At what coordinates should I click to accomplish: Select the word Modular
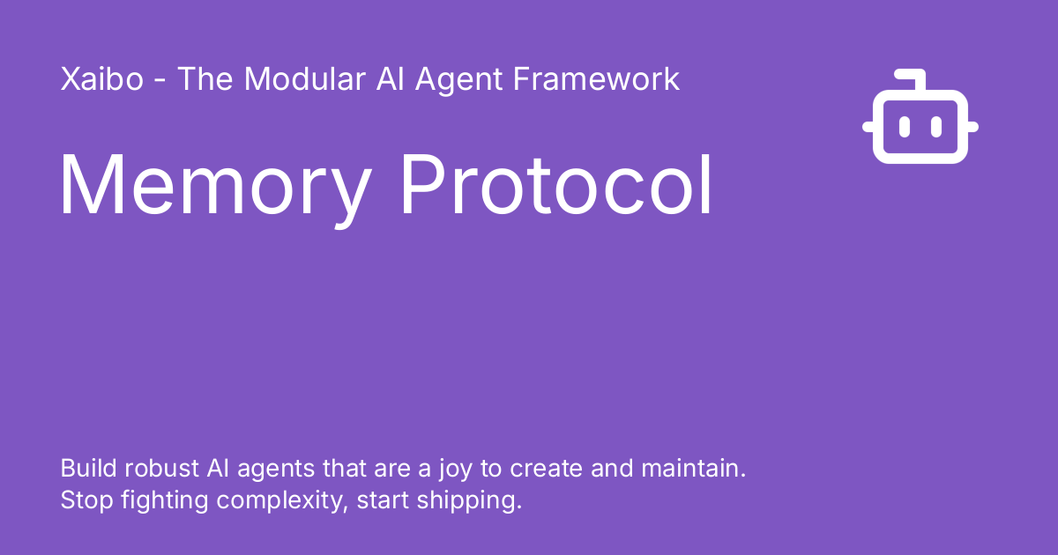coord(304,79)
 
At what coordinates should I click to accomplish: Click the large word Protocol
coord(557,187)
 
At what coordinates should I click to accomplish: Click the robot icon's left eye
coord(905,128)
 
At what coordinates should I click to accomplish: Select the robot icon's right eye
coord(936,128)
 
